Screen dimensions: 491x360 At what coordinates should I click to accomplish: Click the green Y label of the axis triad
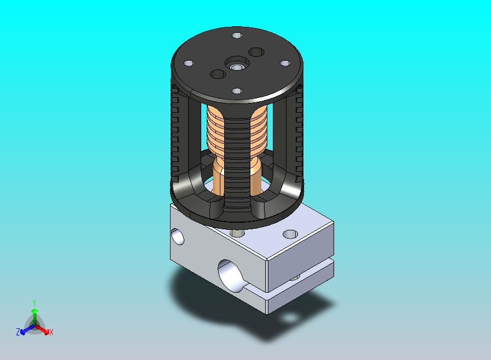(34, 303)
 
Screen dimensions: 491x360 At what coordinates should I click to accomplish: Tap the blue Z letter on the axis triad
(18, 332)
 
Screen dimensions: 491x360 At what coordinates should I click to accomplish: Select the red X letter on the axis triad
(51, 332)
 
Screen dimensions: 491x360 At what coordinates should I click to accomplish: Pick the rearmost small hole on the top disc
(237, 35)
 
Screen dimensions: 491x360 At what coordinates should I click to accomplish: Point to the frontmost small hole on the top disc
(237, 91)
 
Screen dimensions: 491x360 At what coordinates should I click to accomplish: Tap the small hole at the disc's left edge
(189, 63)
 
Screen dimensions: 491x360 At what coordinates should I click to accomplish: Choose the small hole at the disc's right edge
(285, 63)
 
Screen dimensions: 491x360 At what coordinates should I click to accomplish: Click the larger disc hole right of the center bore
(256, 52)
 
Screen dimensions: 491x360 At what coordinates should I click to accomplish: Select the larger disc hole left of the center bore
(218, 74)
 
